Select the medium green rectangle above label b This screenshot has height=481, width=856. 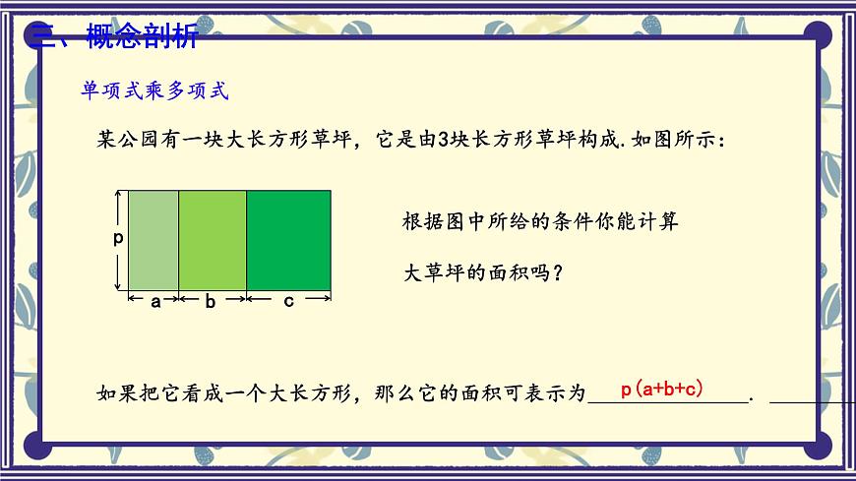[213, 239]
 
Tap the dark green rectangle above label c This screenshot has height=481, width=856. [288, 239]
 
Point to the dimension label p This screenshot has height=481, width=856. [118, 239]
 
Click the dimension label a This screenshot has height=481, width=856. [154, 302]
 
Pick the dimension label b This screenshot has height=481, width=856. [210, 302]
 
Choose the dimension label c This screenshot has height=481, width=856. [288, 302]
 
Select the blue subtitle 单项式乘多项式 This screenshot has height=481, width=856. [153, 91]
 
